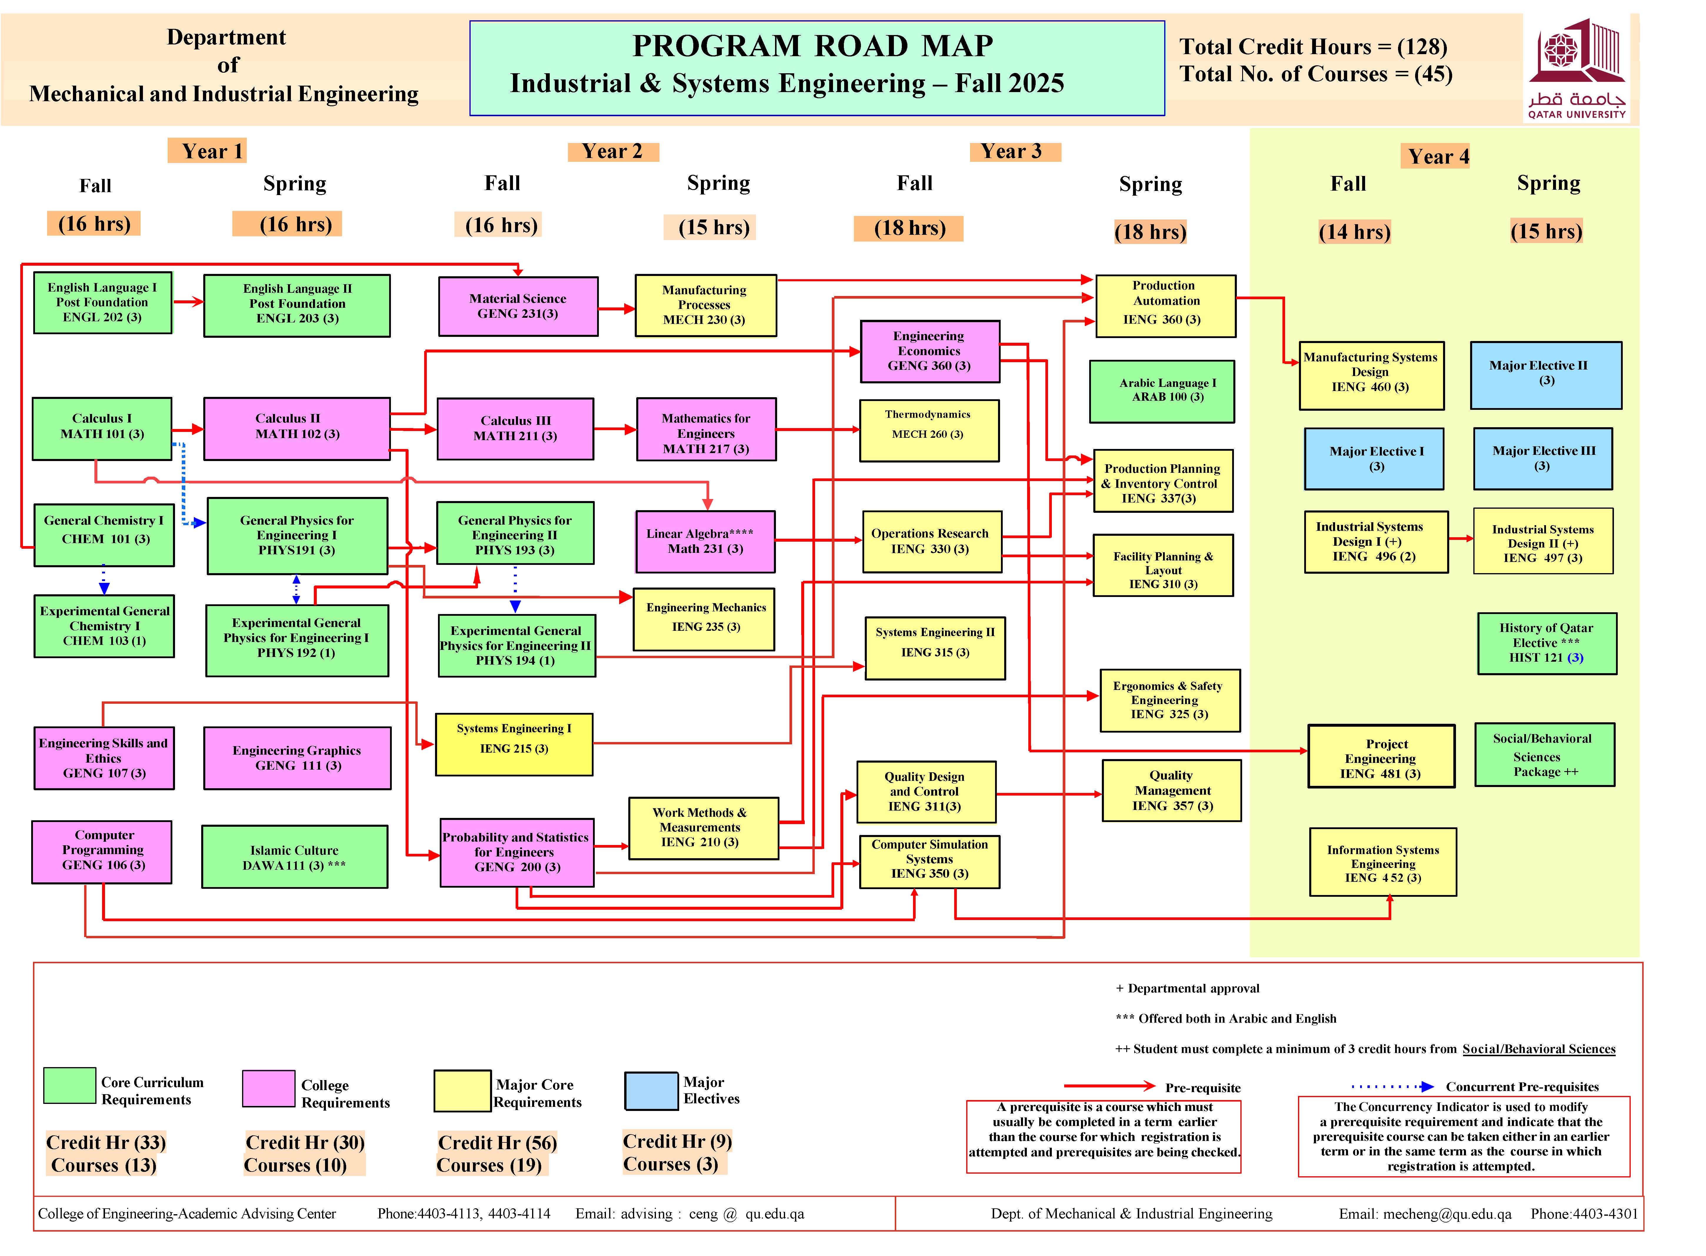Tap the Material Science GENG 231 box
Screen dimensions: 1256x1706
[517, 306]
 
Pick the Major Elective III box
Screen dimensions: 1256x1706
[1543, 458]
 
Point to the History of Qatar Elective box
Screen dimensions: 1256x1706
[1546, 643]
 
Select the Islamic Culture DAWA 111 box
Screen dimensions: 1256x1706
[294, 857]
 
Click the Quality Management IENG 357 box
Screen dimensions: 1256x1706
[1171, 791]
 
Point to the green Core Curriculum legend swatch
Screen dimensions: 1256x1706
[69, 1085]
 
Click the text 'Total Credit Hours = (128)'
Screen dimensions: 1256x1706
[1312, 47]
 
